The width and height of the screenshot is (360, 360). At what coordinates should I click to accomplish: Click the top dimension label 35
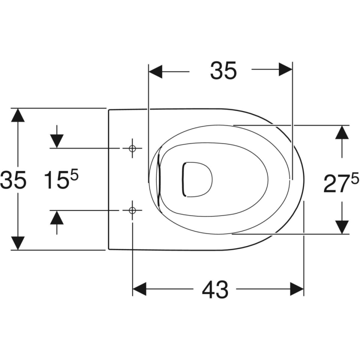click(223, 70)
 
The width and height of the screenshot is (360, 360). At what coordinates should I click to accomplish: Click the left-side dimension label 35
click(13, 180)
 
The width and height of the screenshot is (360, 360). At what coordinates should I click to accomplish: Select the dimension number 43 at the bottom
click(215, 289)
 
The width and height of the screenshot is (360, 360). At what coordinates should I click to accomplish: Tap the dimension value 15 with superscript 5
click(61, 179)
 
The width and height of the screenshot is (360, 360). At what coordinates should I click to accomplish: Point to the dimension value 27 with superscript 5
click(341, 182)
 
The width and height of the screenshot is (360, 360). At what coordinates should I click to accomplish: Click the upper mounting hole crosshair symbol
click(132, 148)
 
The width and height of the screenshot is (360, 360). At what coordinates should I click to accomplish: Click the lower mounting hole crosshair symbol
click(132, 210)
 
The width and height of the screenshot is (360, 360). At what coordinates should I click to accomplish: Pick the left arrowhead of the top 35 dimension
click(155, 71)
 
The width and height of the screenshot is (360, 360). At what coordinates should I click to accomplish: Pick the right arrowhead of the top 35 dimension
click(285, 69)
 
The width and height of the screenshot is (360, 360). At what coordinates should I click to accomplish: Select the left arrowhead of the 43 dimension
click(139, 289)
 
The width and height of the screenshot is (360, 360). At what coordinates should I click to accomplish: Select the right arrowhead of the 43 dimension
click(297, 289)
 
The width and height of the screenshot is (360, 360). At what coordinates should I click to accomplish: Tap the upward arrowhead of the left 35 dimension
click(17, 115)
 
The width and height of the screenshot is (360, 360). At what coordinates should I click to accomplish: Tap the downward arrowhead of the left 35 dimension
click(17, 243)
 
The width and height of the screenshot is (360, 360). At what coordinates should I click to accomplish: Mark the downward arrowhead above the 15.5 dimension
click(56, 141)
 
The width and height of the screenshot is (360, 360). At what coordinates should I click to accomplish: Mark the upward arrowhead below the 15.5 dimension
click(56, 217)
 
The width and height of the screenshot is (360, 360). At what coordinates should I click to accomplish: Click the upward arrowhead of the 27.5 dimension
click(342, 132)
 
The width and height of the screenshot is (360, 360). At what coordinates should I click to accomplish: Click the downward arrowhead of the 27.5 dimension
click(342, 227)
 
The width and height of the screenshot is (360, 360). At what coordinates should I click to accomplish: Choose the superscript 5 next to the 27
click(354, 178)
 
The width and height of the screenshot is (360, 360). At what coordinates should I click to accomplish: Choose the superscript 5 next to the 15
click(74, 174)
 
